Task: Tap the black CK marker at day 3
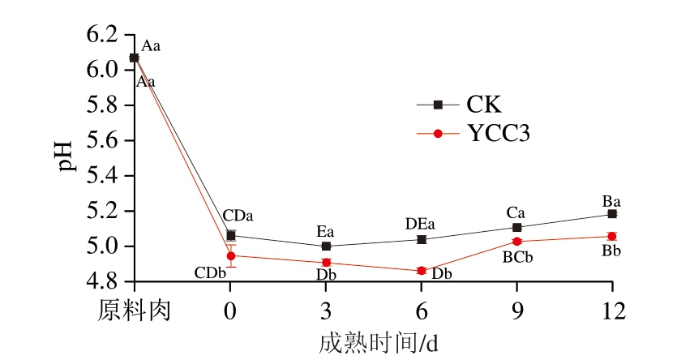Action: [326, 246]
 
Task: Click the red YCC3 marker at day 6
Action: [422, 271]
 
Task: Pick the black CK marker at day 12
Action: [612, 214]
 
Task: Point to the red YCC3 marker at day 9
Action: [516, 241]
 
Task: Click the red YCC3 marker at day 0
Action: [231, 255]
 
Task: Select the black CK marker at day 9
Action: [516, 227]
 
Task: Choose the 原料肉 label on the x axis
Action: [135, 311]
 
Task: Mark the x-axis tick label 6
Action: [422, 311]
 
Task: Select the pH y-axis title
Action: [65, 158]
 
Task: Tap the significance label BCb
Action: [516, 258]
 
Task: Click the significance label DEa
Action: [422, 223]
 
